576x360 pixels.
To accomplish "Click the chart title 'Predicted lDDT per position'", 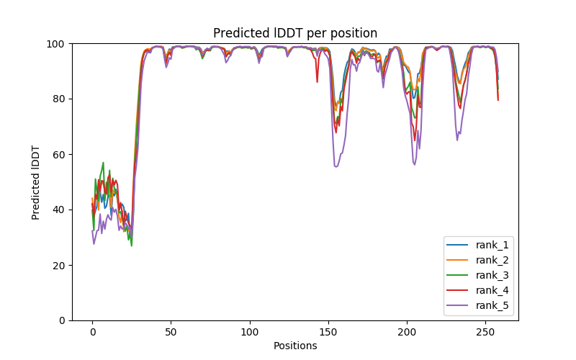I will coord(295,33).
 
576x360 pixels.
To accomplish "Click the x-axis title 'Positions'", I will coord(295,346).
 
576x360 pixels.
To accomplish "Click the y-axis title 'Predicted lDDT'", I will coord(36,182).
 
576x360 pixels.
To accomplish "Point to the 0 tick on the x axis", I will coord(92,331).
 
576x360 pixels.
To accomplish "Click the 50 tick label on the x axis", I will coord(171,331).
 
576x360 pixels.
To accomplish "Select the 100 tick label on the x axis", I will coord(249,331).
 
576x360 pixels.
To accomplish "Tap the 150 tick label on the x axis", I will coord(328,331).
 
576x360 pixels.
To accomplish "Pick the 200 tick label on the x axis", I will coord(407,331).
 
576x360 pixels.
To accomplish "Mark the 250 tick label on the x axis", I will coord(485,331).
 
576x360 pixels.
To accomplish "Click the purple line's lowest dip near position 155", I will coord(336,166).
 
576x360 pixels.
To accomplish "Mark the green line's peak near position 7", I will coord(103,163).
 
